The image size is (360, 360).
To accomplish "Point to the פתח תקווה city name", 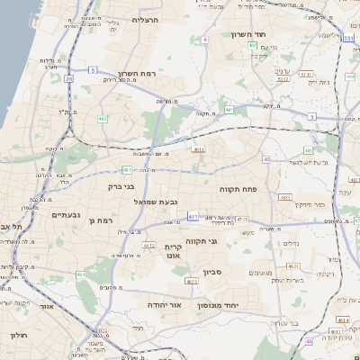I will point(238,189).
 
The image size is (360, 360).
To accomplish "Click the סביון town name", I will point(212,271).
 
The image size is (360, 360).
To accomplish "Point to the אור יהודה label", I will point(165,305).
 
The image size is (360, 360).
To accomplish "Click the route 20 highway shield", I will point(69,78).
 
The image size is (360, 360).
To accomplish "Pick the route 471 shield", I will point(193,216).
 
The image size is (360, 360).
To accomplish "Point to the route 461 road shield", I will point(82,274).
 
